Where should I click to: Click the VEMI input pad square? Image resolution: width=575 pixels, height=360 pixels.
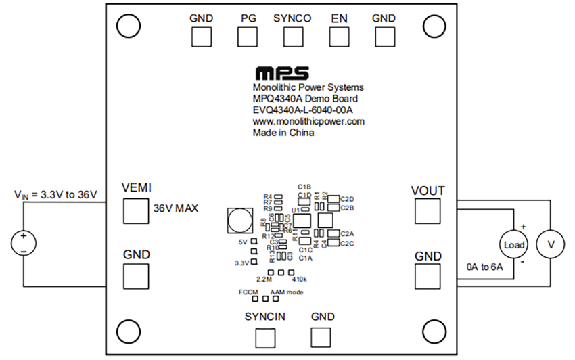135,211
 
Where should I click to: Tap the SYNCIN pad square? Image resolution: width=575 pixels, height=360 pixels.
265,336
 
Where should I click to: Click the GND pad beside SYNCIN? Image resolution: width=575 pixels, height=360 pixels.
323,336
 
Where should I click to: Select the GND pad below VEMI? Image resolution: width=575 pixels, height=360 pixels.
135,275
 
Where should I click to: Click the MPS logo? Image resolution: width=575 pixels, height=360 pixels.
281,72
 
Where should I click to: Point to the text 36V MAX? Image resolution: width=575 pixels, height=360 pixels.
176,208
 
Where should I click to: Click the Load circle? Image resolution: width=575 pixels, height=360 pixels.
514,244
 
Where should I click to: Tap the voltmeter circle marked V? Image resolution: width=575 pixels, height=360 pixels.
550,244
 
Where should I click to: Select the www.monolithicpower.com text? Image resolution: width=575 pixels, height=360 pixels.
308,122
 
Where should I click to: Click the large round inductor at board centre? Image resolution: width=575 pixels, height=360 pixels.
238,220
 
